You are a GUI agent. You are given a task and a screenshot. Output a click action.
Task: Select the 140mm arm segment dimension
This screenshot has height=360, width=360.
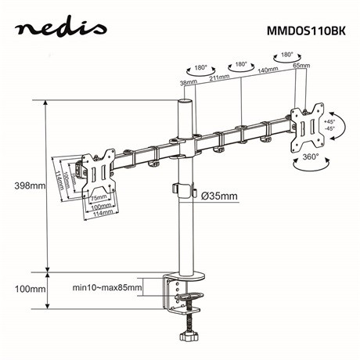[268, 71]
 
